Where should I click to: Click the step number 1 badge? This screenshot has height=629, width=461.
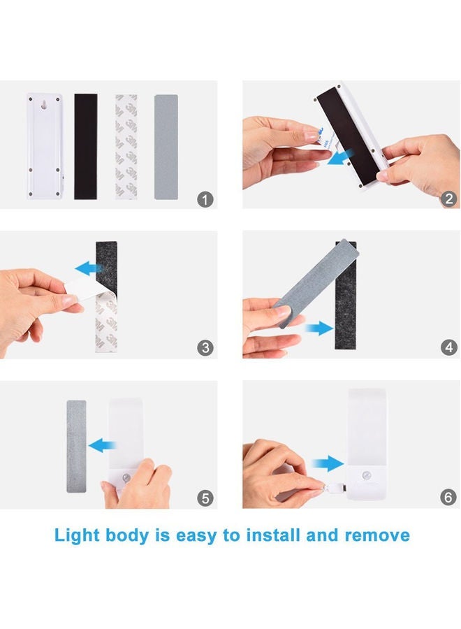(x=205, y=199)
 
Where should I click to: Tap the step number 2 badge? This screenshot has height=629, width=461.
(x=449, y=199)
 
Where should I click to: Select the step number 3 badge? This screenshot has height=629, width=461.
(x=205, y=348)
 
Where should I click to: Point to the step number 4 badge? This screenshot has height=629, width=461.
(x=449, y=348)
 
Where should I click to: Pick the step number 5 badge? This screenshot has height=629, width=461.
(x=205, y=498)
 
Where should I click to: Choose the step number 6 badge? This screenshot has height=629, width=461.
(x=449, y=498)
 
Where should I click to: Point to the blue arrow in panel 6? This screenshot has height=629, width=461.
(x=328, y=463)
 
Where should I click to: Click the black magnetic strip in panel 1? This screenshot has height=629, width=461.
(x=86, y=147)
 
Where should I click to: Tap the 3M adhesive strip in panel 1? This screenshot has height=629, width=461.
(x=126, y=147)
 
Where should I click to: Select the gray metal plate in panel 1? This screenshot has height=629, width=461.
(x=166, y=147)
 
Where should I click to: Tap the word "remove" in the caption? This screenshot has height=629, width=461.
(x=377, y=536)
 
